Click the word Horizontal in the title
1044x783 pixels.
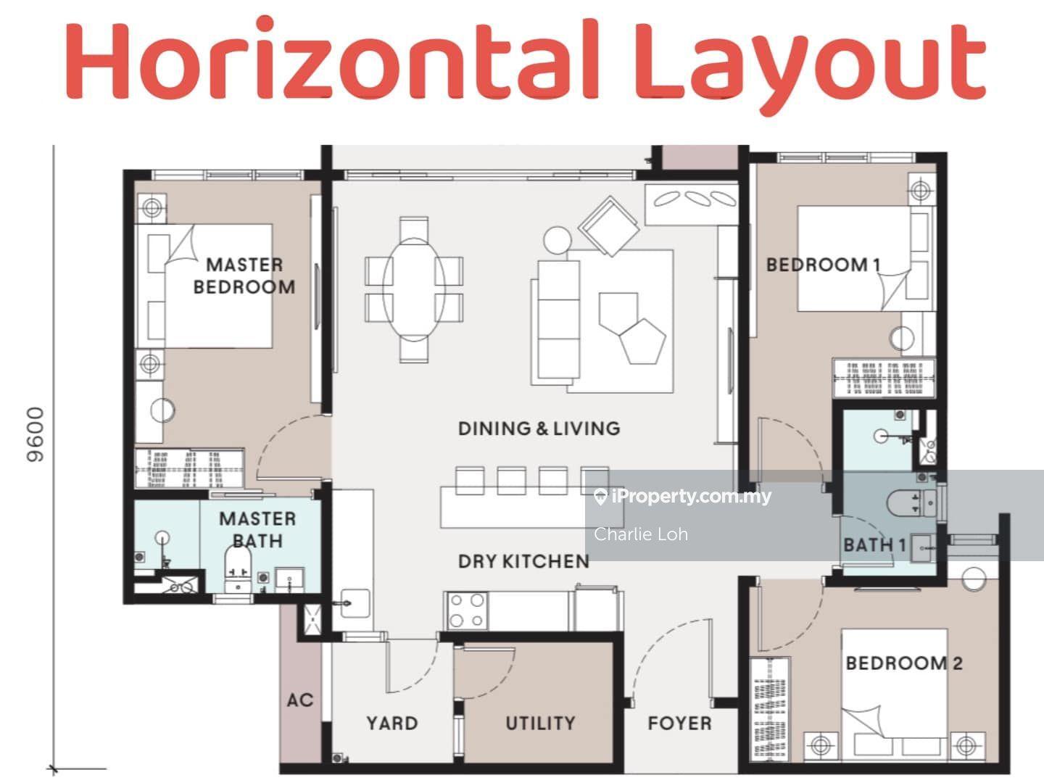(x=331, y=59)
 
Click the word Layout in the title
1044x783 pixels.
(x=810, y=65)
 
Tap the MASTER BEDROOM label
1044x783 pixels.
(x=244, y=275)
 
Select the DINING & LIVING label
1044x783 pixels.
(x=539, y=428)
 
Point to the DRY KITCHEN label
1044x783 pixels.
(x=523, y=561)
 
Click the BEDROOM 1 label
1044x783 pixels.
(x=823, y=265)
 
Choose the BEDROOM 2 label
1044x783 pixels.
(x=904, y=663)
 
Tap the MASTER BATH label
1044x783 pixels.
(x=257, y=529)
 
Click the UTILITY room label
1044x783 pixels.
(x=540, y=723)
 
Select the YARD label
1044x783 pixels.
(x=392, y=723)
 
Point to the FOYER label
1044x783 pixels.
(x=679, y=723)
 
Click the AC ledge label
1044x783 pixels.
(x=300, y=700)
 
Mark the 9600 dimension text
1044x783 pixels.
(x=36, y=434)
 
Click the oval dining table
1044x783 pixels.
(x=414, y=290)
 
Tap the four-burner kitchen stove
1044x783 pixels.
(x=466, y=610)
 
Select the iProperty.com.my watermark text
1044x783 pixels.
(x=682, y=497)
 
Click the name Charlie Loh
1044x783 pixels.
(x=641, y=534)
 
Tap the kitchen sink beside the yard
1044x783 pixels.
(x=355, y=603)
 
